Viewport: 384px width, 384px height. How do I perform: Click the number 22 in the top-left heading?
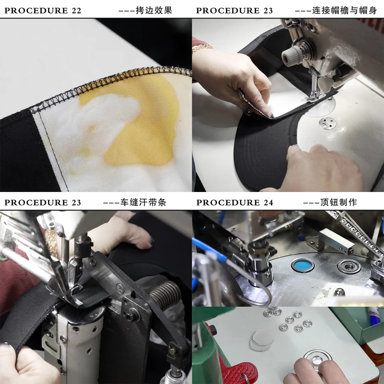76,11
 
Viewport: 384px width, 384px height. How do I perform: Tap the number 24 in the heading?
268,203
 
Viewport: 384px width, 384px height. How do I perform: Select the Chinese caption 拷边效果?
154,10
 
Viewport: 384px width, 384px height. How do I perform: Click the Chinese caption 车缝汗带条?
144,203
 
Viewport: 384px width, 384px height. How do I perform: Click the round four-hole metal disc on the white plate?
327,123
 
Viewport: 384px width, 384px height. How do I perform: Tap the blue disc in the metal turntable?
303,265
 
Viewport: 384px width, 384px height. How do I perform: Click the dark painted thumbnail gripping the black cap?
151,242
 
